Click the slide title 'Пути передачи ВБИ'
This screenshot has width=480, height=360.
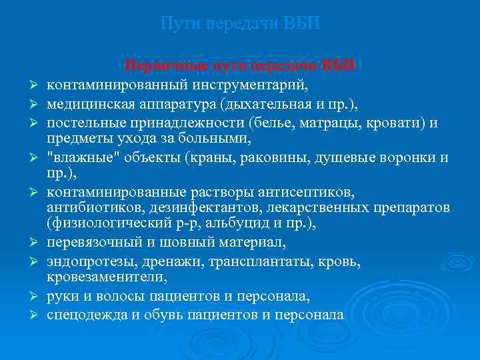point(240,24)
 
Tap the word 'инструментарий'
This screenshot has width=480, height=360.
point(246,85)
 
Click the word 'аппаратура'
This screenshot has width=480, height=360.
point(181,104)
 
